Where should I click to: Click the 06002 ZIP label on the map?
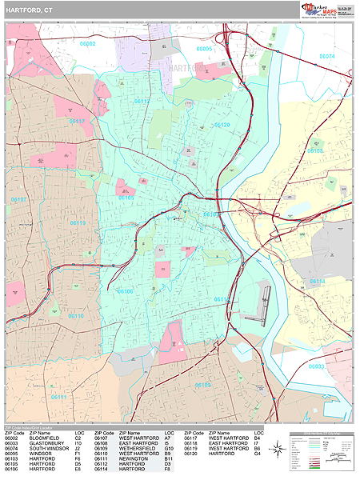[x=88, y=44]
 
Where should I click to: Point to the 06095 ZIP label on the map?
[x=205, y=49]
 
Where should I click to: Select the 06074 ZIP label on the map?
[x=326, y=56]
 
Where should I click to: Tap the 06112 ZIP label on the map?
[x=141, y=102]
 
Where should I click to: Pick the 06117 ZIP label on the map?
[x=78, y=122]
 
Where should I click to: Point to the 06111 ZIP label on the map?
[x=58, y=396]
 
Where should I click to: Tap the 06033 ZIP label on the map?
[x=317, y=366]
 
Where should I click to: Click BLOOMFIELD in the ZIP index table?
[x=45, y=438]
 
